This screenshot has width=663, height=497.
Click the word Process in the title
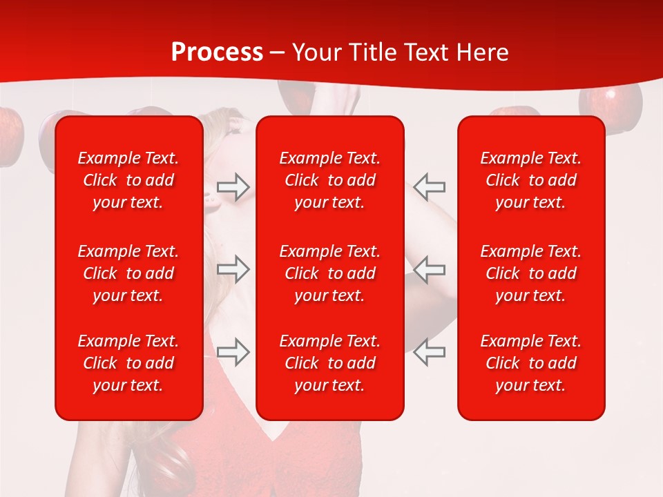tap(217, 52)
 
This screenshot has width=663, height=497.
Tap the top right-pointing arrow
tap(233, 186)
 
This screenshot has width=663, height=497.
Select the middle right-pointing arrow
tap(233, 269)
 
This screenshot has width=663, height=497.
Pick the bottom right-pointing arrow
tap(233, 352)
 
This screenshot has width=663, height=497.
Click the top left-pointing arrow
tap(430, 186)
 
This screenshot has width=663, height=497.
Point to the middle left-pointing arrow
tap(430, 269)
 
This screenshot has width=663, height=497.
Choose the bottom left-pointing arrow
tap(430, 352)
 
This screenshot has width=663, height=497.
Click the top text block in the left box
tap(128, 180)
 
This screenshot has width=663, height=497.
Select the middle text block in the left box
tap(128, 273)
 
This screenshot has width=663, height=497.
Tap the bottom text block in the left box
tap(128, 363)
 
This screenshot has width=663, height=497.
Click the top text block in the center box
tap(330, 180)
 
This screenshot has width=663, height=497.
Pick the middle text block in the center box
tap(330, 273)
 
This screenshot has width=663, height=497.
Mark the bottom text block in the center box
tap(330, 363)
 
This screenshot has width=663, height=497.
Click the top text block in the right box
tap(531, 180)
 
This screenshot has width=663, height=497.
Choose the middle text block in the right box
tap(531, 273)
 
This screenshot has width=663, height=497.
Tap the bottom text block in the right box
tap(531, 363)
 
